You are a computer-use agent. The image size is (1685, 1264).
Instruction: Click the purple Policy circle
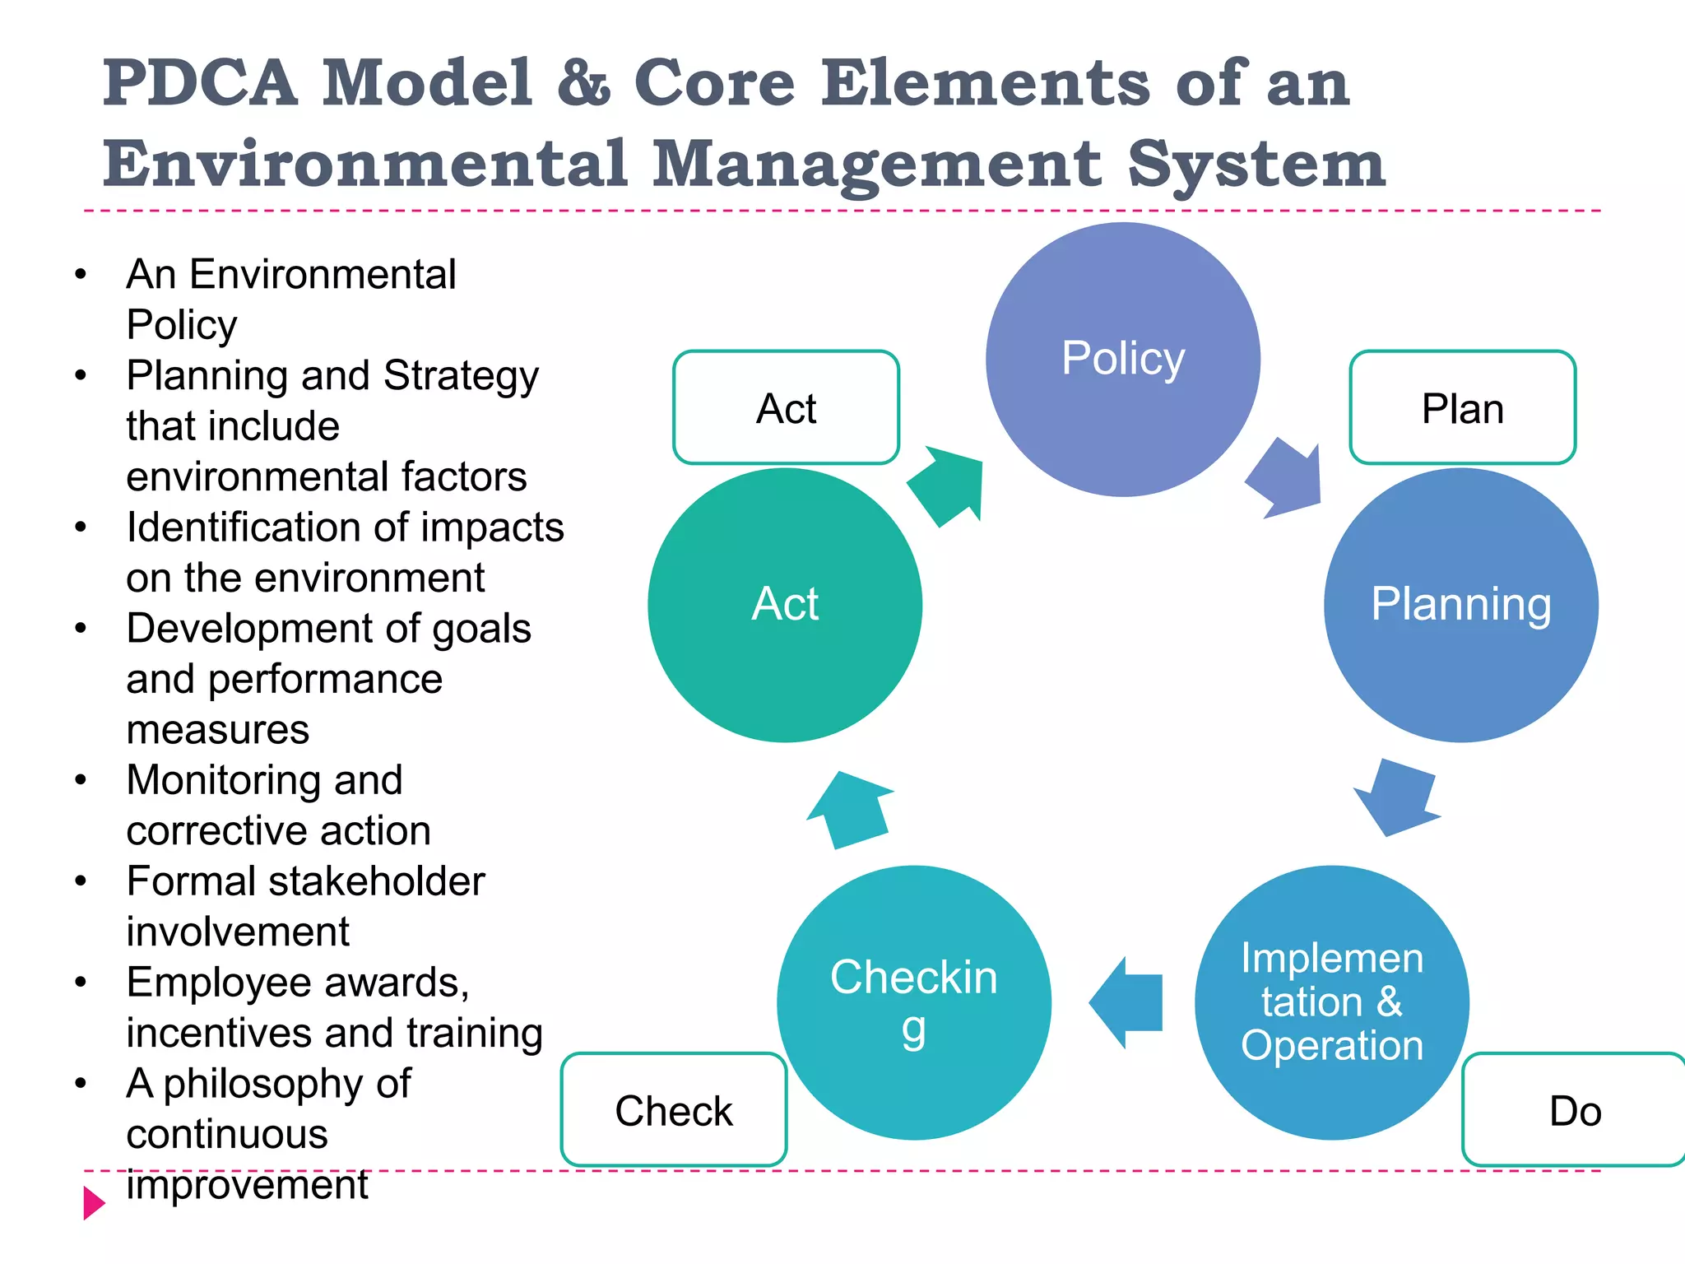point(1123,360)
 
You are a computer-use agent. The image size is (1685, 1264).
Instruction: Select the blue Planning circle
point(1461,605)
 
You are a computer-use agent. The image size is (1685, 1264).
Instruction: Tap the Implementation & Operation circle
point(1332,1002)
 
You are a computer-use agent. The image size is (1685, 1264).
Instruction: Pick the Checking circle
point(914,1002)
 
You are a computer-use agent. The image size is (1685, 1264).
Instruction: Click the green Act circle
point(785,605)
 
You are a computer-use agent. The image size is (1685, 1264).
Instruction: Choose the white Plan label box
point(1463,408)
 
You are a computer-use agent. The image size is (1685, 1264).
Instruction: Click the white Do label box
point(1574,1109)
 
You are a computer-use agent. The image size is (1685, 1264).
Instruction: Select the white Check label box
point(674,1109)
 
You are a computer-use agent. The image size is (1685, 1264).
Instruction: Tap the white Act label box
point(786,408)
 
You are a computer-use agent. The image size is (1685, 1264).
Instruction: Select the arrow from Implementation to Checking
point(1126,1002)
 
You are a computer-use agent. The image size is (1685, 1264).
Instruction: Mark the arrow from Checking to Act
point(851,810)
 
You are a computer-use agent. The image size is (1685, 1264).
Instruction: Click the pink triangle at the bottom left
point(94,1203)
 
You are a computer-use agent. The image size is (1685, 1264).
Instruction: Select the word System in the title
point(1256,165)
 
